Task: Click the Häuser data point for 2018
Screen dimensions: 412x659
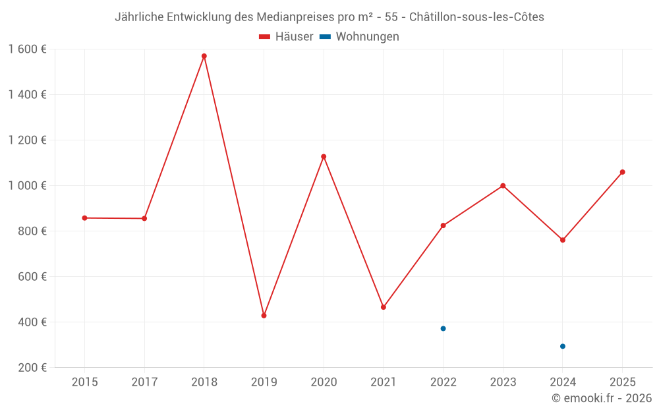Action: click(x=204, y=56)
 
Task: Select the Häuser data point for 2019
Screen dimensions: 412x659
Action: click(x=264, y=316)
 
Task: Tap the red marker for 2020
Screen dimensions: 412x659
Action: click(x=324, y=157)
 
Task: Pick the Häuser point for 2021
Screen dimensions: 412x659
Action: click(x=384, y=307)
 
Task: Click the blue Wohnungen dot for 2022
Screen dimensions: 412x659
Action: click(x=443, y=328)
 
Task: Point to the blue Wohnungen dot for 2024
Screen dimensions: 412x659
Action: click(x=563, y=346)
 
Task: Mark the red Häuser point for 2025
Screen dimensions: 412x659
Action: click(x=622, y=172)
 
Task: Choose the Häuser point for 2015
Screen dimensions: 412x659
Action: click(x=84, y=218)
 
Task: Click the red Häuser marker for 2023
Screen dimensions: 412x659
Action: click(x=503, y=186)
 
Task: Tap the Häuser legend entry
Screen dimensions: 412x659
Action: click(x=287, y=37)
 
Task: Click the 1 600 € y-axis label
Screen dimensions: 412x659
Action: click(x=27, y=49)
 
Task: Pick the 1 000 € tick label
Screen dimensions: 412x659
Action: click(x=27, y=186)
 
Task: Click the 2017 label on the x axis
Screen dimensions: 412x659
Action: click(x=144, y=382)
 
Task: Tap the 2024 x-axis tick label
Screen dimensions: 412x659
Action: click(x=563, y=382)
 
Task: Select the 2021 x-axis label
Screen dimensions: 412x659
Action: click(x=384, y=382)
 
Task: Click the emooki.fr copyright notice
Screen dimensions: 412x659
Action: click(x=602, y=398)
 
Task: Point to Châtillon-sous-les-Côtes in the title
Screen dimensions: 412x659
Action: click(x=481, y=17)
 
